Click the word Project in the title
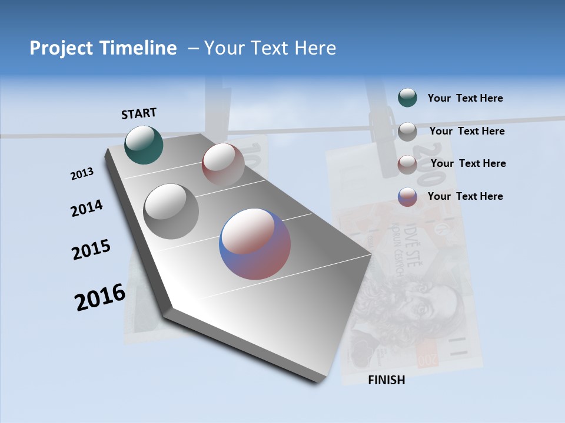[x=62, y=48]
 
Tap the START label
[x=139, y=113]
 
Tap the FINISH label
[x=387, y=380]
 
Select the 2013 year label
[x=82, y=174]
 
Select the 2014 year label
[x=87, y=208]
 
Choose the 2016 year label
[x=99, y=297]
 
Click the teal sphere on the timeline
[x=144, y=145]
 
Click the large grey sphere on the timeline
[x=171, y=211]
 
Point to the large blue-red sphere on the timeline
[x=255, y=244]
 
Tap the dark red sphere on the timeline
[x=223, y=164]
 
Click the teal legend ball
[x=407, y=98]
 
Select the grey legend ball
[x=407, y=131]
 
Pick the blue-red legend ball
[x=407, y=197]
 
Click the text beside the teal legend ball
[x=465, y=98]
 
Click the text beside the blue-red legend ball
[x=465, y=196]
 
